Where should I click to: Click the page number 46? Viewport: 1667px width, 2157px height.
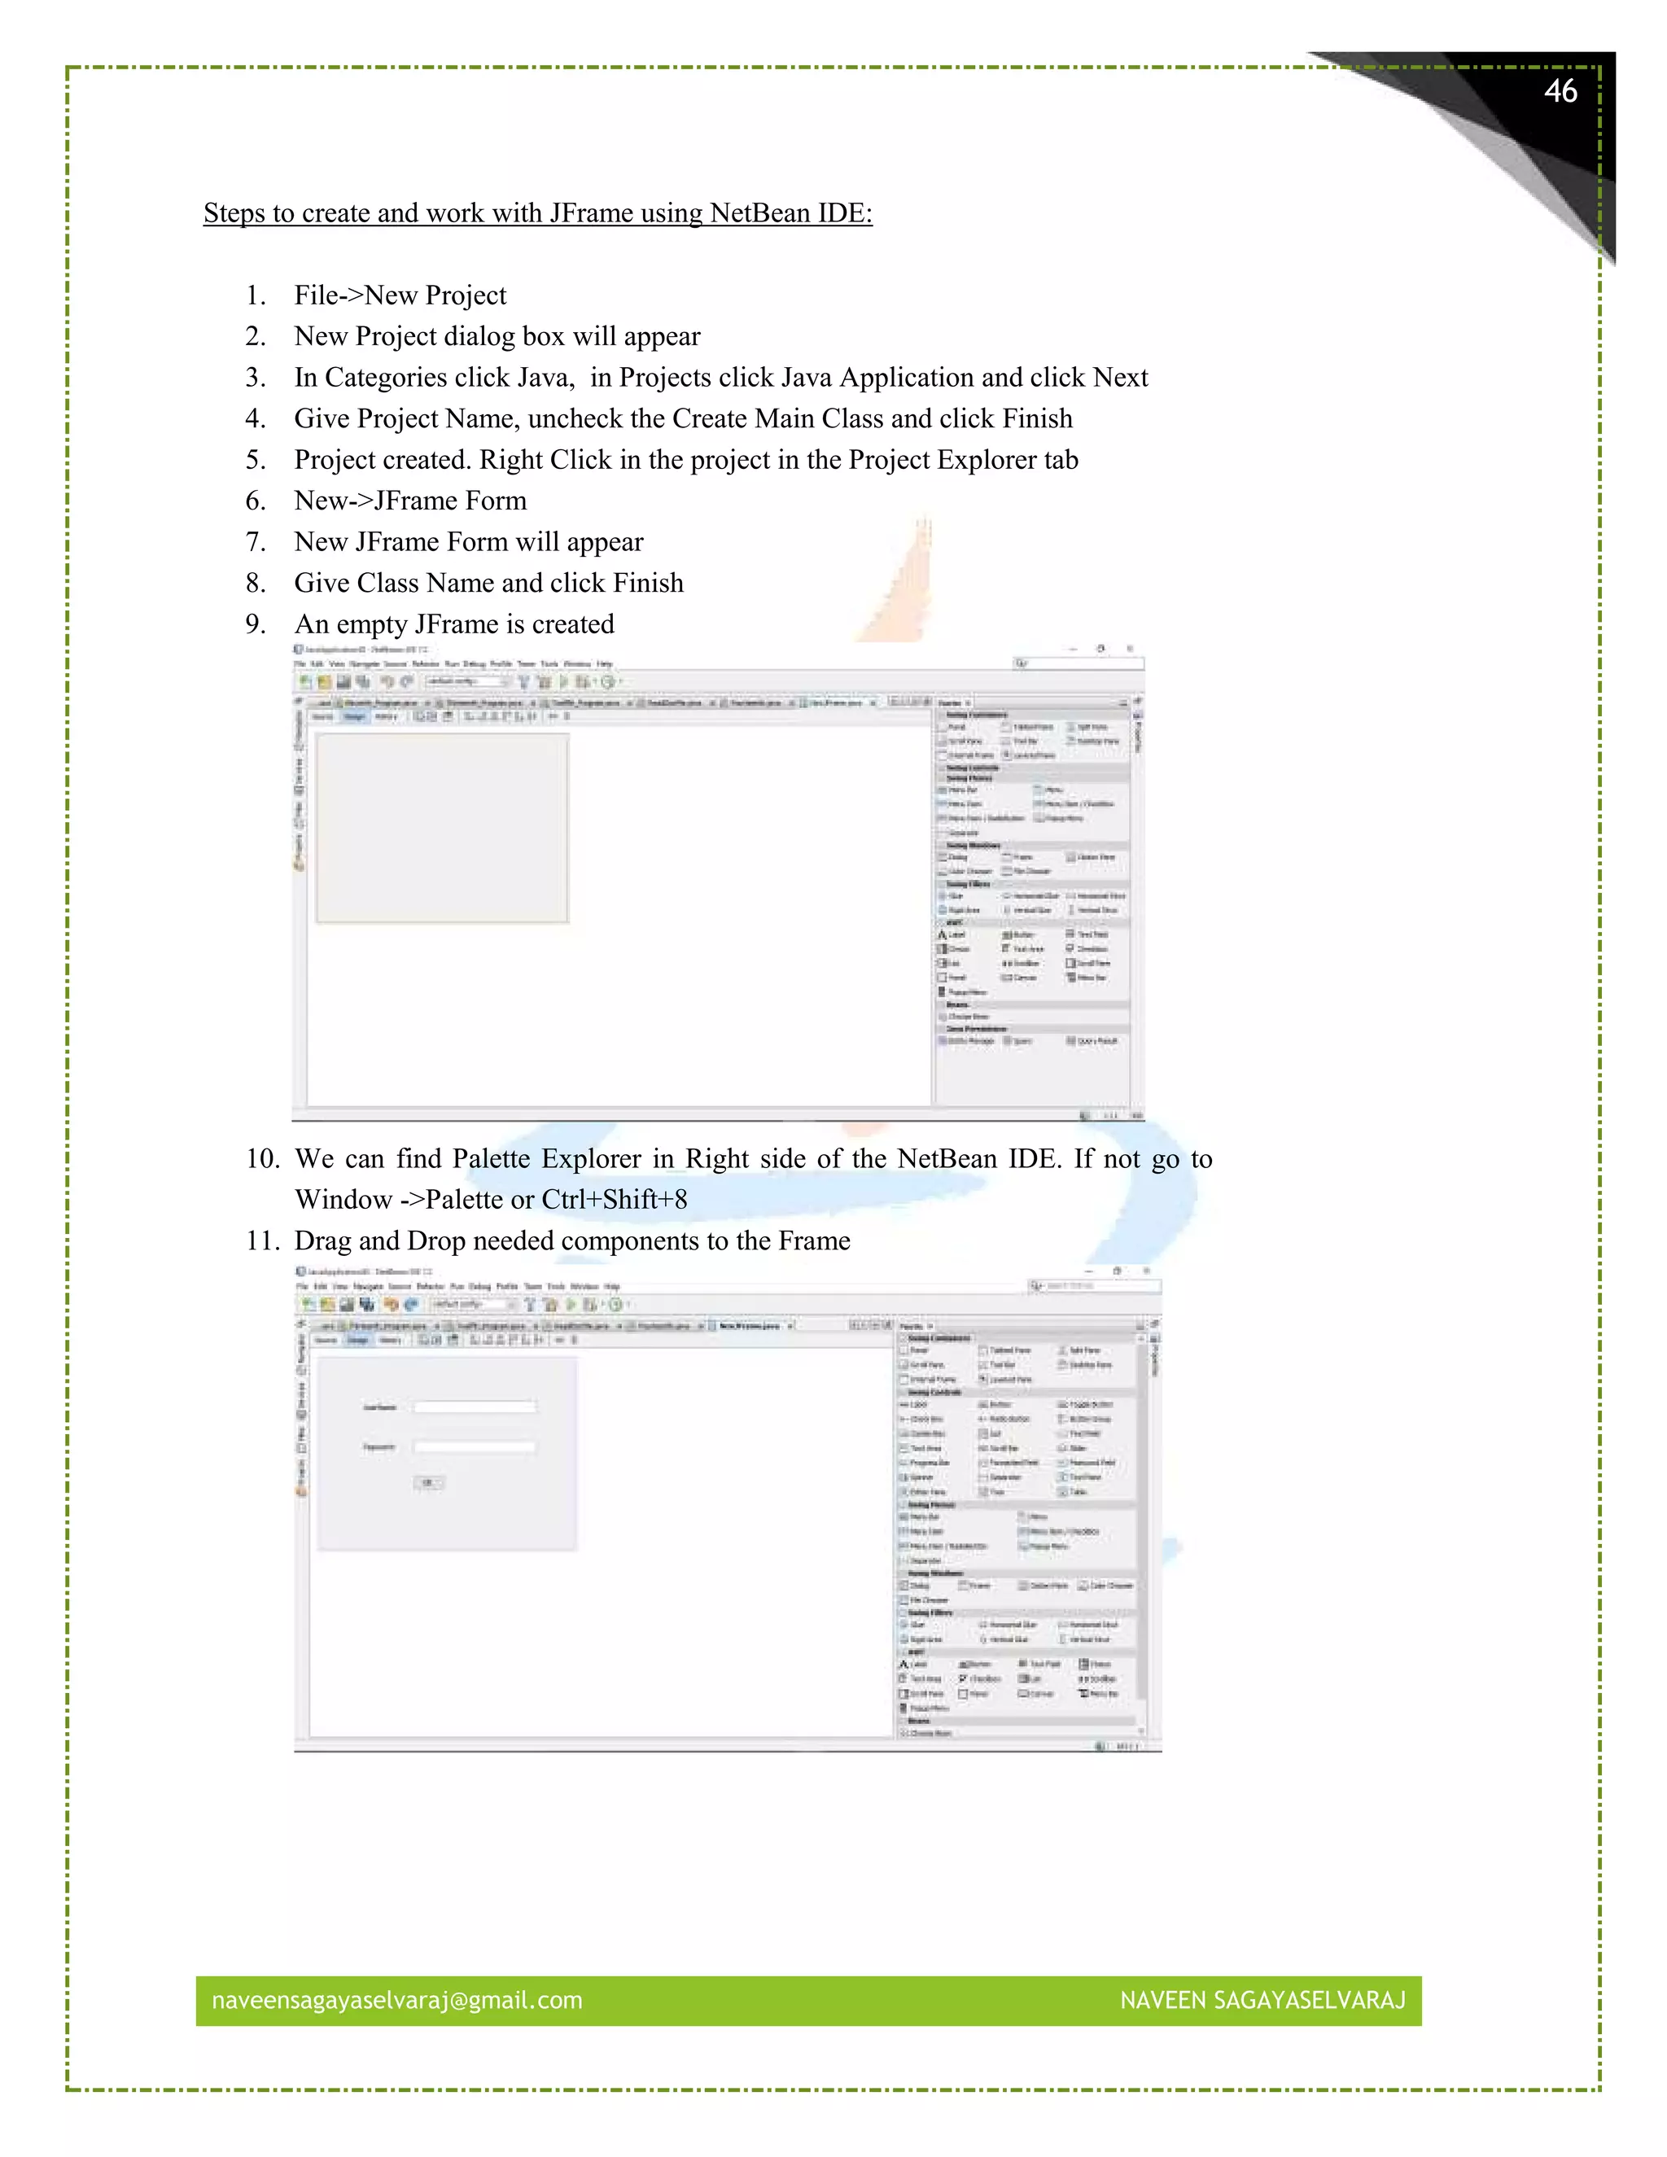pos(1560,92)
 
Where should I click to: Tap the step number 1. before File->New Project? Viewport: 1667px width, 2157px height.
pos(256,295)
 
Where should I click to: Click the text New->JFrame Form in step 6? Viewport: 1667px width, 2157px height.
pos(410,501)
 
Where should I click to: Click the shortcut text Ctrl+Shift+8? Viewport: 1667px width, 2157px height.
pos(615,1200)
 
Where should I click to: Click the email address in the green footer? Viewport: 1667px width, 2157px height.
pos(397,2000)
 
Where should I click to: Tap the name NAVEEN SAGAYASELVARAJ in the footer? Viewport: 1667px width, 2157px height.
pos(1262,2000)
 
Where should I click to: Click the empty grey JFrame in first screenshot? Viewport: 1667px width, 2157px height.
pos(441,828)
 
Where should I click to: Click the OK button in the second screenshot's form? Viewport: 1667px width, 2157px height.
pos(429,1482)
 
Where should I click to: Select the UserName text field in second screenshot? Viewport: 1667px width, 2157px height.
pos(475,1407)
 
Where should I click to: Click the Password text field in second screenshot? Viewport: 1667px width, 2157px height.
pos(475,1447)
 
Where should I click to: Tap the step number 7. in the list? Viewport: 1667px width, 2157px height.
pos(256,542)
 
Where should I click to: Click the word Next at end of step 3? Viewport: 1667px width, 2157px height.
pos(1120,378)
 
